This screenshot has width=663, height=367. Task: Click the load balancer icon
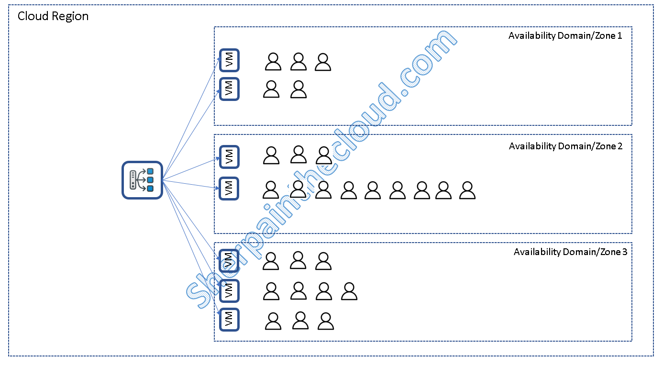click(x=142, y=180)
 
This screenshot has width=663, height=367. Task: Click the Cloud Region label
click(x=53, y=16)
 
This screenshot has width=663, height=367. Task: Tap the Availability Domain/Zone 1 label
click(x=565, y=35)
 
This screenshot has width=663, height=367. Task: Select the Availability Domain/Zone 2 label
click(x=565, y=146)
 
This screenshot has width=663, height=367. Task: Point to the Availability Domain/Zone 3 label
click(x=570, y=252)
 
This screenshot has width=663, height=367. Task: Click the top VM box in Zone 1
click(x=229, y=60)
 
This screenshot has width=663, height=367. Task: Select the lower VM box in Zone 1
click(x=229, y=89)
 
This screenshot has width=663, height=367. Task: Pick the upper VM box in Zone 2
click(x=229, y=156)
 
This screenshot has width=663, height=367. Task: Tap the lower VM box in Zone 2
click(x=229, y=188)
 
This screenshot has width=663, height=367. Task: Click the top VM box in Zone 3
click(x=229, y=261)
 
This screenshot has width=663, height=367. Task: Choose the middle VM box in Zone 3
click(x=229, y=290)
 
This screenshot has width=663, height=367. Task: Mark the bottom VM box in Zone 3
click(x=229, y=320)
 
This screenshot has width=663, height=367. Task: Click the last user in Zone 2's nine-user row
click(x=467, y=190)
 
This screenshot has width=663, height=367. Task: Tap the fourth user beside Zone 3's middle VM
click(x=349, y=291)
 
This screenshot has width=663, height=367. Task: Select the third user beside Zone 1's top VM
click(x=323, y=62)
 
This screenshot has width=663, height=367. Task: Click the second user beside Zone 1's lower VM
click(x=298, y=89)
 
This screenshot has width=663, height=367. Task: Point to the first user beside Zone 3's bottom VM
click(x=273, y=321)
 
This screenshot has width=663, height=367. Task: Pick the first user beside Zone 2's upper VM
click(x=271, y=156)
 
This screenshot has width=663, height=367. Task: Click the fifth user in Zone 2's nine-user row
click(x=373, y=190)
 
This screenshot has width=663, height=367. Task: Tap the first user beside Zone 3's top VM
click(x=271, y=261)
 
